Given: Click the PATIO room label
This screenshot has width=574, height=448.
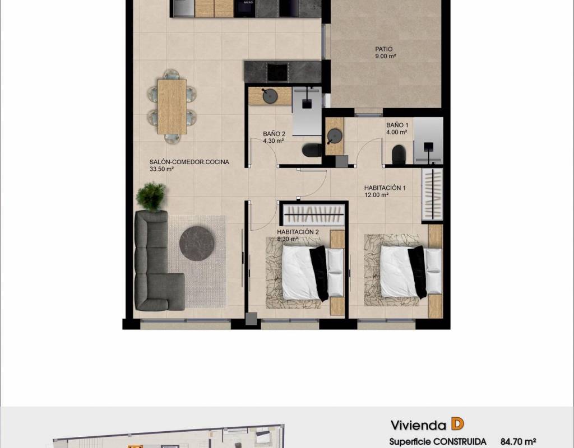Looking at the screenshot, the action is point(383,49).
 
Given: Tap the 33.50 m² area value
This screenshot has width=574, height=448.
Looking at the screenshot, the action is point(161,169).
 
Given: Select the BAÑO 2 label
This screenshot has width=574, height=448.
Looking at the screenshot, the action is point(274,134).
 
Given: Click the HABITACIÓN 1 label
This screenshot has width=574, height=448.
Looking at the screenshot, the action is point(385,188).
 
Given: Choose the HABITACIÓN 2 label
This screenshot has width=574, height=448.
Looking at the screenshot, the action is point(298,232).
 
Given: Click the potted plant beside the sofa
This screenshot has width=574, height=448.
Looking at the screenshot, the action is point(151,197).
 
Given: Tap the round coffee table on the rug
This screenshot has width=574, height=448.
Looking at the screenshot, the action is point(197,244).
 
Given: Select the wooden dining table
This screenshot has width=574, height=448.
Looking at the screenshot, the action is point(172,106).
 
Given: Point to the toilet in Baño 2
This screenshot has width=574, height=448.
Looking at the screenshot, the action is point(312,150).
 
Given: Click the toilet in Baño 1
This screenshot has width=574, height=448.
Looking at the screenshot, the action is point(399,155).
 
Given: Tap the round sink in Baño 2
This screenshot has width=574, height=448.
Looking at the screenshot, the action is point(270,96).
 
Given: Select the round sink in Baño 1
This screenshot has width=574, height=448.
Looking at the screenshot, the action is point(334,136).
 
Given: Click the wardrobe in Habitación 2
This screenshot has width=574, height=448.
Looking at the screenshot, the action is point(314,214).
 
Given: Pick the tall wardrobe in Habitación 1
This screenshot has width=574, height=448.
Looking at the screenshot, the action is point(432,194).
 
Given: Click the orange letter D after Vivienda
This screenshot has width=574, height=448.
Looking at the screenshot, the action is point(457,424).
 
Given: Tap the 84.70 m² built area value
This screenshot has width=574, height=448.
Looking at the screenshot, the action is point(518,442).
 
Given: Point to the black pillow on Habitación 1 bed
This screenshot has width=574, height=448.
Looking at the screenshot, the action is point(418,272).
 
